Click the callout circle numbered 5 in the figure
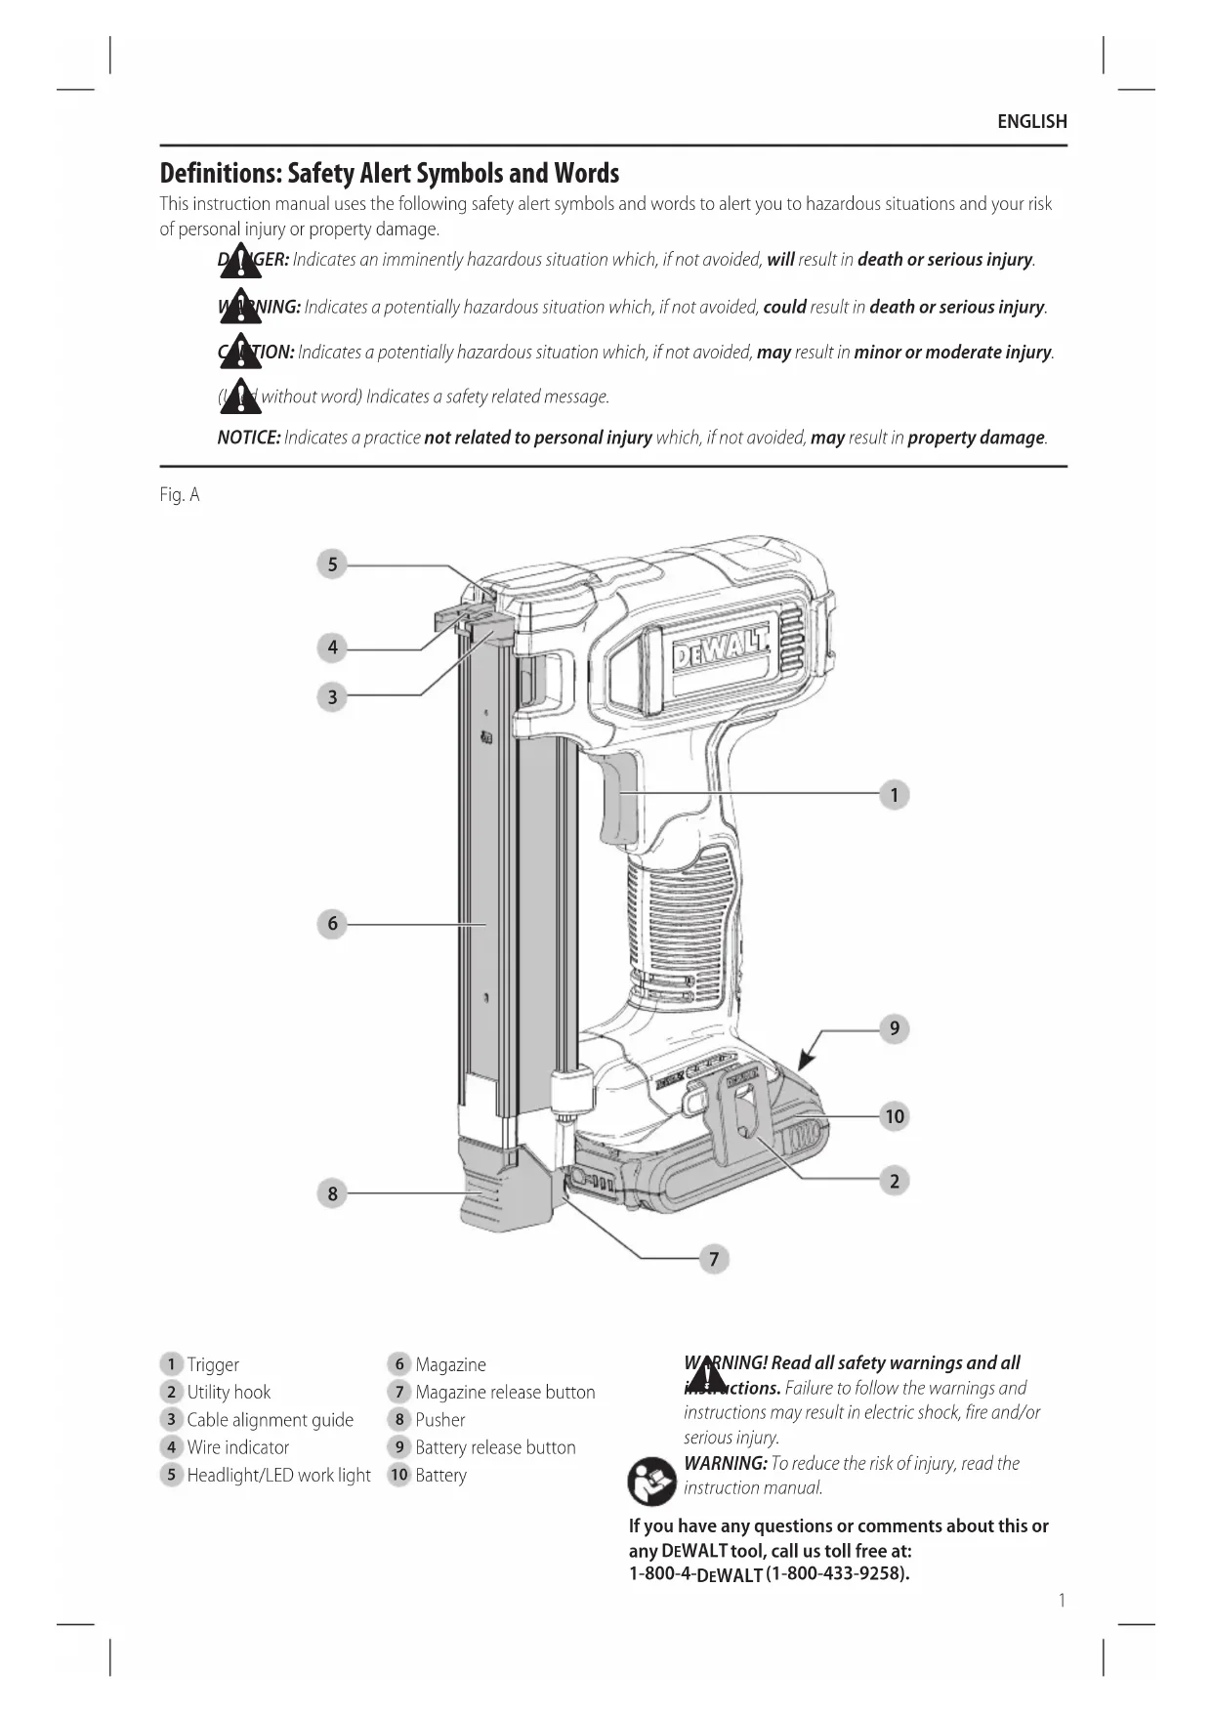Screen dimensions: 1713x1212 pyautogui.click(x=332, y=564)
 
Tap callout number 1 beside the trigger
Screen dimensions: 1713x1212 pyautogui.click(x=894, y=795)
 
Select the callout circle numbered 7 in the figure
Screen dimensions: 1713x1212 pyautogui.click(x=714, y=1259)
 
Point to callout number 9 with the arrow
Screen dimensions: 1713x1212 pyautogui.click(x=894, y=1028)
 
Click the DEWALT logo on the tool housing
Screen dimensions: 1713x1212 pyautogui.click(x=721, y=647)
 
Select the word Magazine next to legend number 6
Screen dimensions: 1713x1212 pyautogui.click(x=450, y=1364)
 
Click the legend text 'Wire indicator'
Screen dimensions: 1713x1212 pyautogui.click(x=238, y=1447)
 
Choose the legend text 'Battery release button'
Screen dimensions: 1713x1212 pyautogui.click(x=495, y=1447)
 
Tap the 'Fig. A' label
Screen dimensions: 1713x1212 pyautogui.click(x=180, y=495)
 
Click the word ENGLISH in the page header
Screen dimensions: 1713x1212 pyautogui.click(x=1031, y=122)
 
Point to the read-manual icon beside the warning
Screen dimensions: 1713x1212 pyautogui.click(x=651, y=1481)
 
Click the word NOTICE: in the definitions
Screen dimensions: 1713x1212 pyautogui.click(x=249, y=438)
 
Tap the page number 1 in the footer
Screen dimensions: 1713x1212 pyautogui.click(x=1062, y=1600)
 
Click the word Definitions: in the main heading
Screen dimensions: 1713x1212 pyautogui.click(x=221, y=174)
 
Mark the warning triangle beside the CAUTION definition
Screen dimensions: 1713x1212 pyautogui.click(x=240, y=353)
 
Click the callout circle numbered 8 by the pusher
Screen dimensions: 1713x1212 pyautogui.click(x=332, y=1193)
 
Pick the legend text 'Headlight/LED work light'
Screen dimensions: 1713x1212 pyautogui.click(x=278, y=1475)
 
